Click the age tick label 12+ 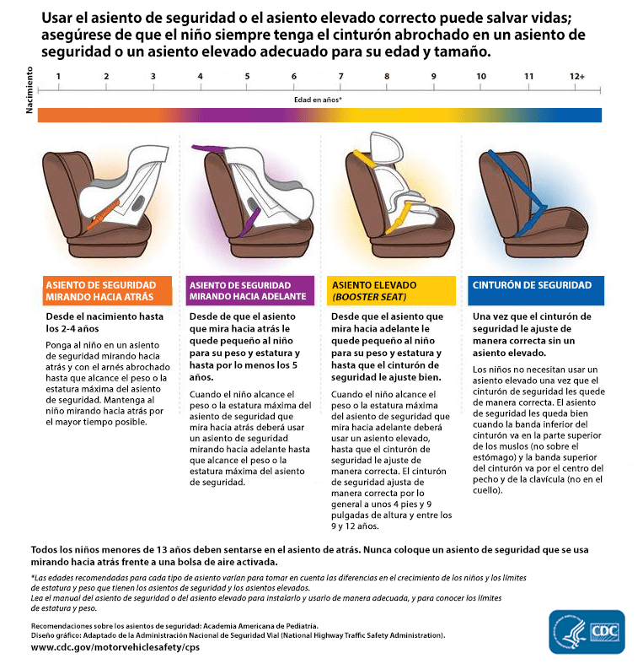click(x=577, y=77)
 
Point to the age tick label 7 click(x=340, y=77)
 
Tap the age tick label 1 click(x=58, y=77)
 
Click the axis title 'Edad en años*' click(x=317, y=99)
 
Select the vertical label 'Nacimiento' click(x=30, y=91)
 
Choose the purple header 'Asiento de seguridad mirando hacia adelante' click(x=250, y=291)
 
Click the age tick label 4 click(x=200, y=77)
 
